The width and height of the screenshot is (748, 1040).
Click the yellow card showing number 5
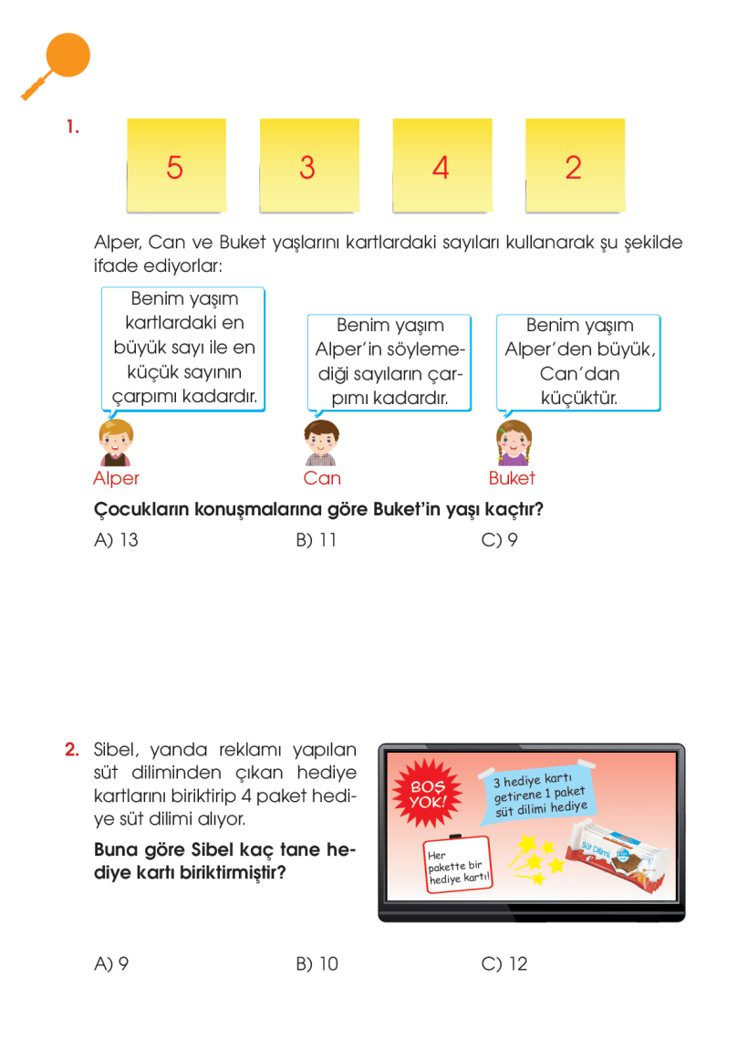(x=175, y=165)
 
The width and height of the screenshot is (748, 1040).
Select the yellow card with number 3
(x=308, y=165)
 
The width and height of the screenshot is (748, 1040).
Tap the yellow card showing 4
(x=442, y=165)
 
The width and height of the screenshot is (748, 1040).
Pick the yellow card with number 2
(x=575, y=165)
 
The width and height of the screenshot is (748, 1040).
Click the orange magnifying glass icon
(x=57, y=64)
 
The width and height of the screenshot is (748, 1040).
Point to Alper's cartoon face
(x=116, y=442)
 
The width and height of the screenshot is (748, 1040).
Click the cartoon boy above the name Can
(x=321, y=442)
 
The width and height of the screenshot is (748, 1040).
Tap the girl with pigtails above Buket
(x=512, y=443)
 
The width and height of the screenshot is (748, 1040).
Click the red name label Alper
(x=116, y=478)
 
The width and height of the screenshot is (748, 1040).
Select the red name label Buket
(x=512, y=478)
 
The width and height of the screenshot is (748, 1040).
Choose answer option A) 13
(x=116, y=540)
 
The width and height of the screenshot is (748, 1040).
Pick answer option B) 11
(x=317, y=540)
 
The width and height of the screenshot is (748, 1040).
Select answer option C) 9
(x=500, y=540)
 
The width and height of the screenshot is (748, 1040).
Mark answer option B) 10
(x=317, y=963)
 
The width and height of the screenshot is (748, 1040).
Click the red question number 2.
(x=73, y=750)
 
